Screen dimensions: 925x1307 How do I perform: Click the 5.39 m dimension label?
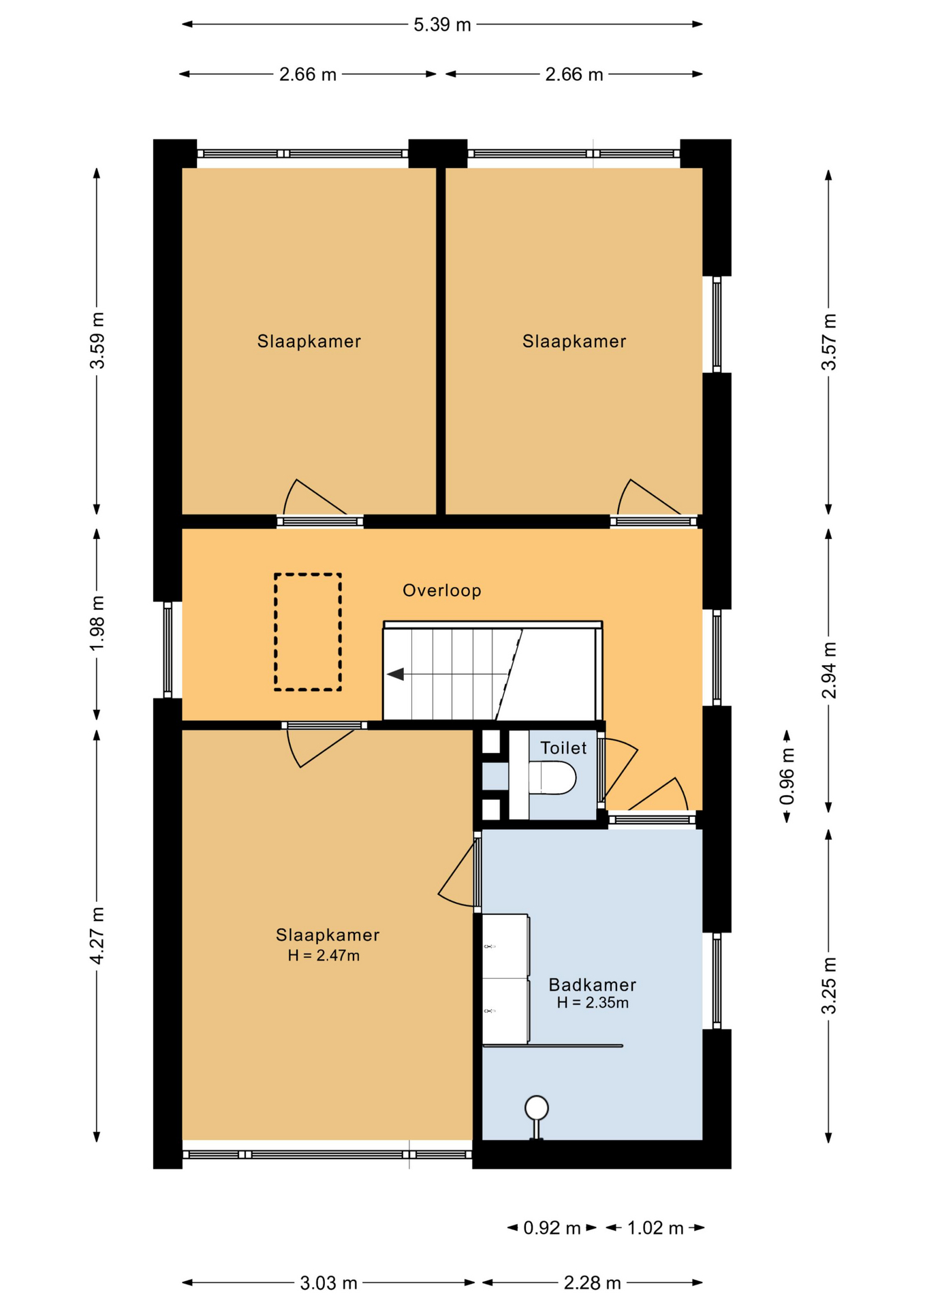point(442,25)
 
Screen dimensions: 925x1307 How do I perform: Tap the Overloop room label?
point(442,590)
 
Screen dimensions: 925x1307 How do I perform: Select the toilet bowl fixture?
point(552,778)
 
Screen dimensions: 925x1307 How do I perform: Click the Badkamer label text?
point(593,984)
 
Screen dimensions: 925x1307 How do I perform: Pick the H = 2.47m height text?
point(324,956)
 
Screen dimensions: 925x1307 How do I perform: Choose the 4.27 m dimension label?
point(97,935)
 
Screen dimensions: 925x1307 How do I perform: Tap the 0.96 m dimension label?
point(787,777)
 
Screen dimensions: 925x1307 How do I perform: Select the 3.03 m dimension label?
point(328,1283)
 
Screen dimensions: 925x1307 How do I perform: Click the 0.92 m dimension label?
point(552,1228)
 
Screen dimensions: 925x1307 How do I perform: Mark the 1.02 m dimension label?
point(655,1228)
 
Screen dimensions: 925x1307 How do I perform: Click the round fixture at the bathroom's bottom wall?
point(537,1108)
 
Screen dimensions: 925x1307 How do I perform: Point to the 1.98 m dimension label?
point(97,623)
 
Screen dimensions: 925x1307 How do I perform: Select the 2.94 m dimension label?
point(829,671)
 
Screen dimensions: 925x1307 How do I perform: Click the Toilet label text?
point(563,748)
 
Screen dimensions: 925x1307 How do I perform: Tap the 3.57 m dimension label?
point(829,342)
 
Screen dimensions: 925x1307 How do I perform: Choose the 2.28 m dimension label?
point(592,1283)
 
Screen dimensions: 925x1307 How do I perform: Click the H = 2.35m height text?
point(593,1003)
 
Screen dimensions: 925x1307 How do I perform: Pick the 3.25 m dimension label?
point(829,986)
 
